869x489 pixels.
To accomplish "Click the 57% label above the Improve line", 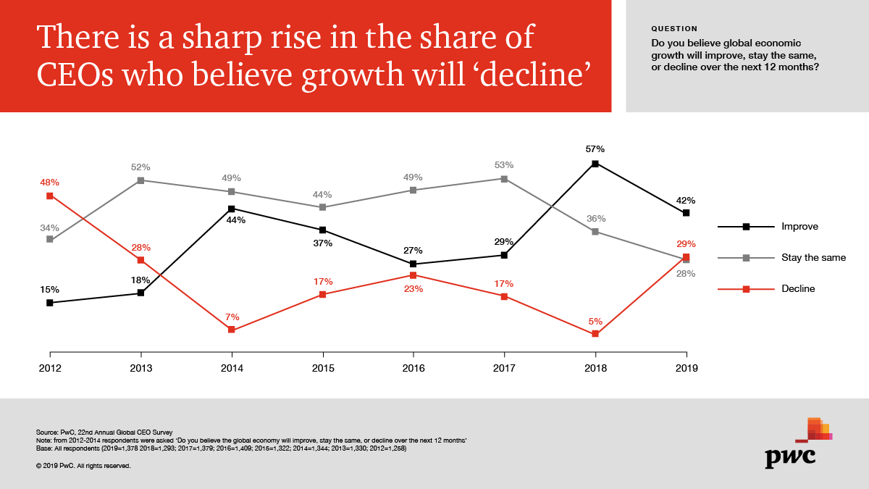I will coord(595,149).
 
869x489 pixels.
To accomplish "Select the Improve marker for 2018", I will coord(595,164).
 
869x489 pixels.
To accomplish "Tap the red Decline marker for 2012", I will coord(50,196).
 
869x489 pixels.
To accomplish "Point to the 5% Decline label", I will coord(595,320).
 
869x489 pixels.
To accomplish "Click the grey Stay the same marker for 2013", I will coord(141,180).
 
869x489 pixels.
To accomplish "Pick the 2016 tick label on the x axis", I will coord(413,369).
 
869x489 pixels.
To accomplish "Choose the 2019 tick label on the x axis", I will coord(686,369).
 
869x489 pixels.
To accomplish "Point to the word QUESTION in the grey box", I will coord(674,29).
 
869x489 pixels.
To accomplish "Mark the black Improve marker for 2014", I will coord(232,209).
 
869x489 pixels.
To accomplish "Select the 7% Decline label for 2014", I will coord(232,317).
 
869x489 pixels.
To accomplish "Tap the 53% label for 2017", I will coord(504,164).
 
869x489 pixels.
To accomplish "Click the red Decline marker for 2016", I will coord(413,275).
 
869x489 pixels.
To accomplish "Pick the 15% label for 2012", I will coord(50,289).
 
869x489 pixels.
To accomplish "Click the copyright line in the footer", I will coord(83,466).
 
